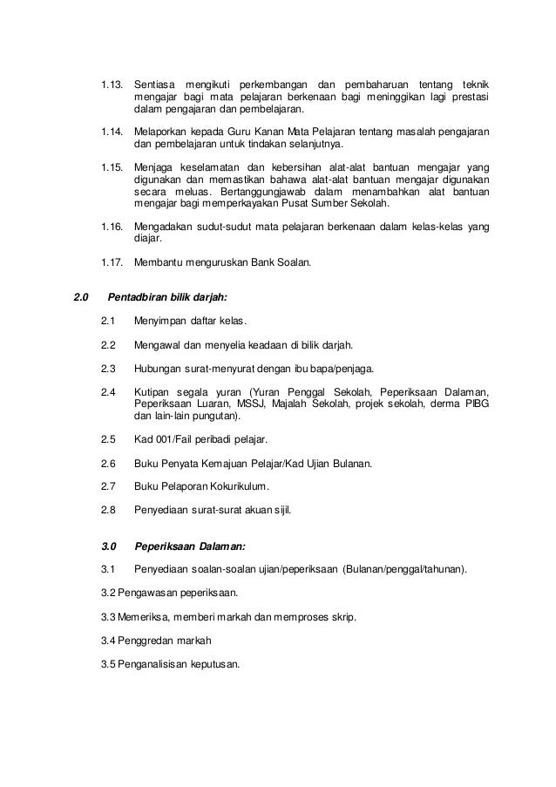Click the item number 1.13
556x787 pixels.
112,84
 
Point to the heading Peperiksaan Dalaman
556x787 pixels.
190,547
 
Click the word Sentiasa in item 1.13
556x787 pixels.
153,84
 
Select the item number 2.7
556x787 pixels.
109,486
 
